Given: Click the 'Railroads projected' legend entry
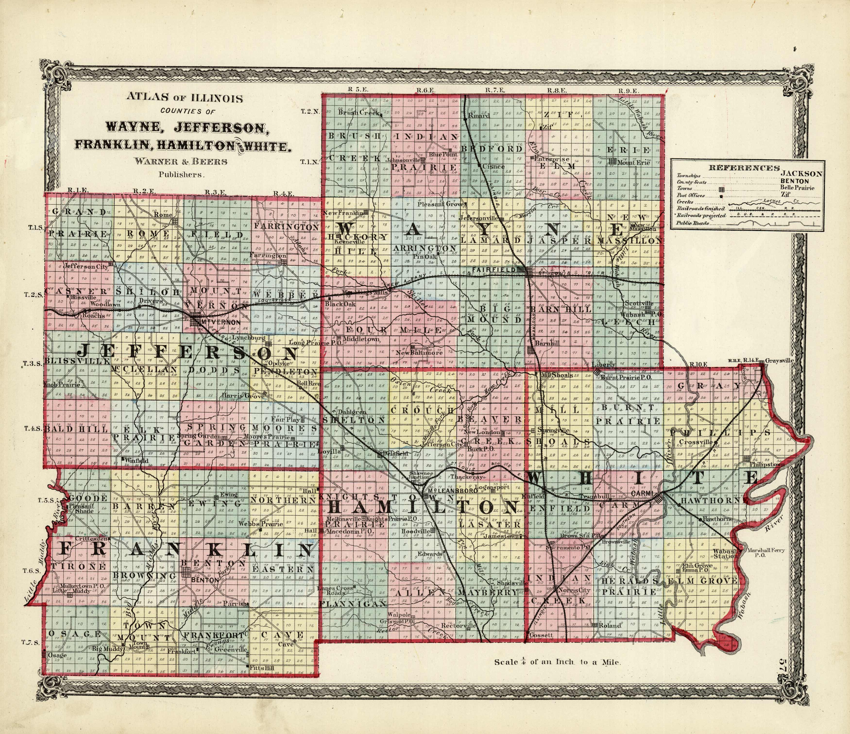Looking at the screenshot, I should pos(697,215).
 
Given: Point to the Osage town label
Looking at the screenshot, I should pos(57,656).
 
